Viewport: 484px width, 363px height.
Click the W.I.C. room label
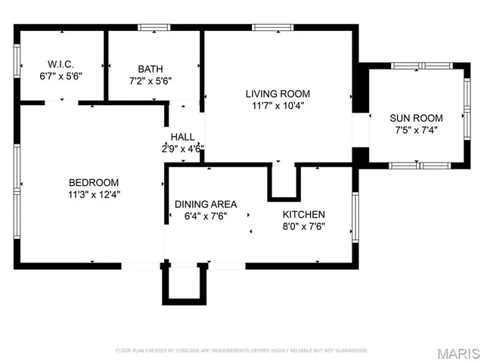[60, 64]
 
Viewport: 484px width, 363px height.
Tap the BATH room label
[150, 68]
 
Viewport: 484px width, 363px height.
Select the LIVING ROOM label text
[278, 94]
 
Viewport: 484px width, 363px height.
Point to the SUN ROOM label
[416, 118]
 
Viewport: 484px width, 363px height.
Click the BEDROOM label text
[94, 182]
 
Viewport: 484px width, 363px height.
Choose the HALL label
[182, 137]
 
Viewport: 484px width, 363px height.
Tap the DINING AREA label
[206, 204]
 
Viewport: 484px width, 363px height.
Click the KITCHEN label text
[304, 215]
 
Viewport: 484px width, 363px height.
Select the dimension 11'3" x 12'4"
[94, 194]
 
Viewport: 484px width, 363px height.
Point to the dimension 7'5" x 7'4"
[416, 129]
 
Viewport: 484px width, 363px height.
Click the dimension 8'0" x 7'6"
[304, 226]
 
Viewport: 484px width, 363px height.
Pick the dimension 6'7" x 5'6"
[60, 76]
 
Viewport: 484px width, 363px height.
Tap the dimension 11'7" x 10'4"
[278, 106]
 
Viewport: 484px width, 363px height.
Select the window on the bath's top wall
[154, 28]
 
